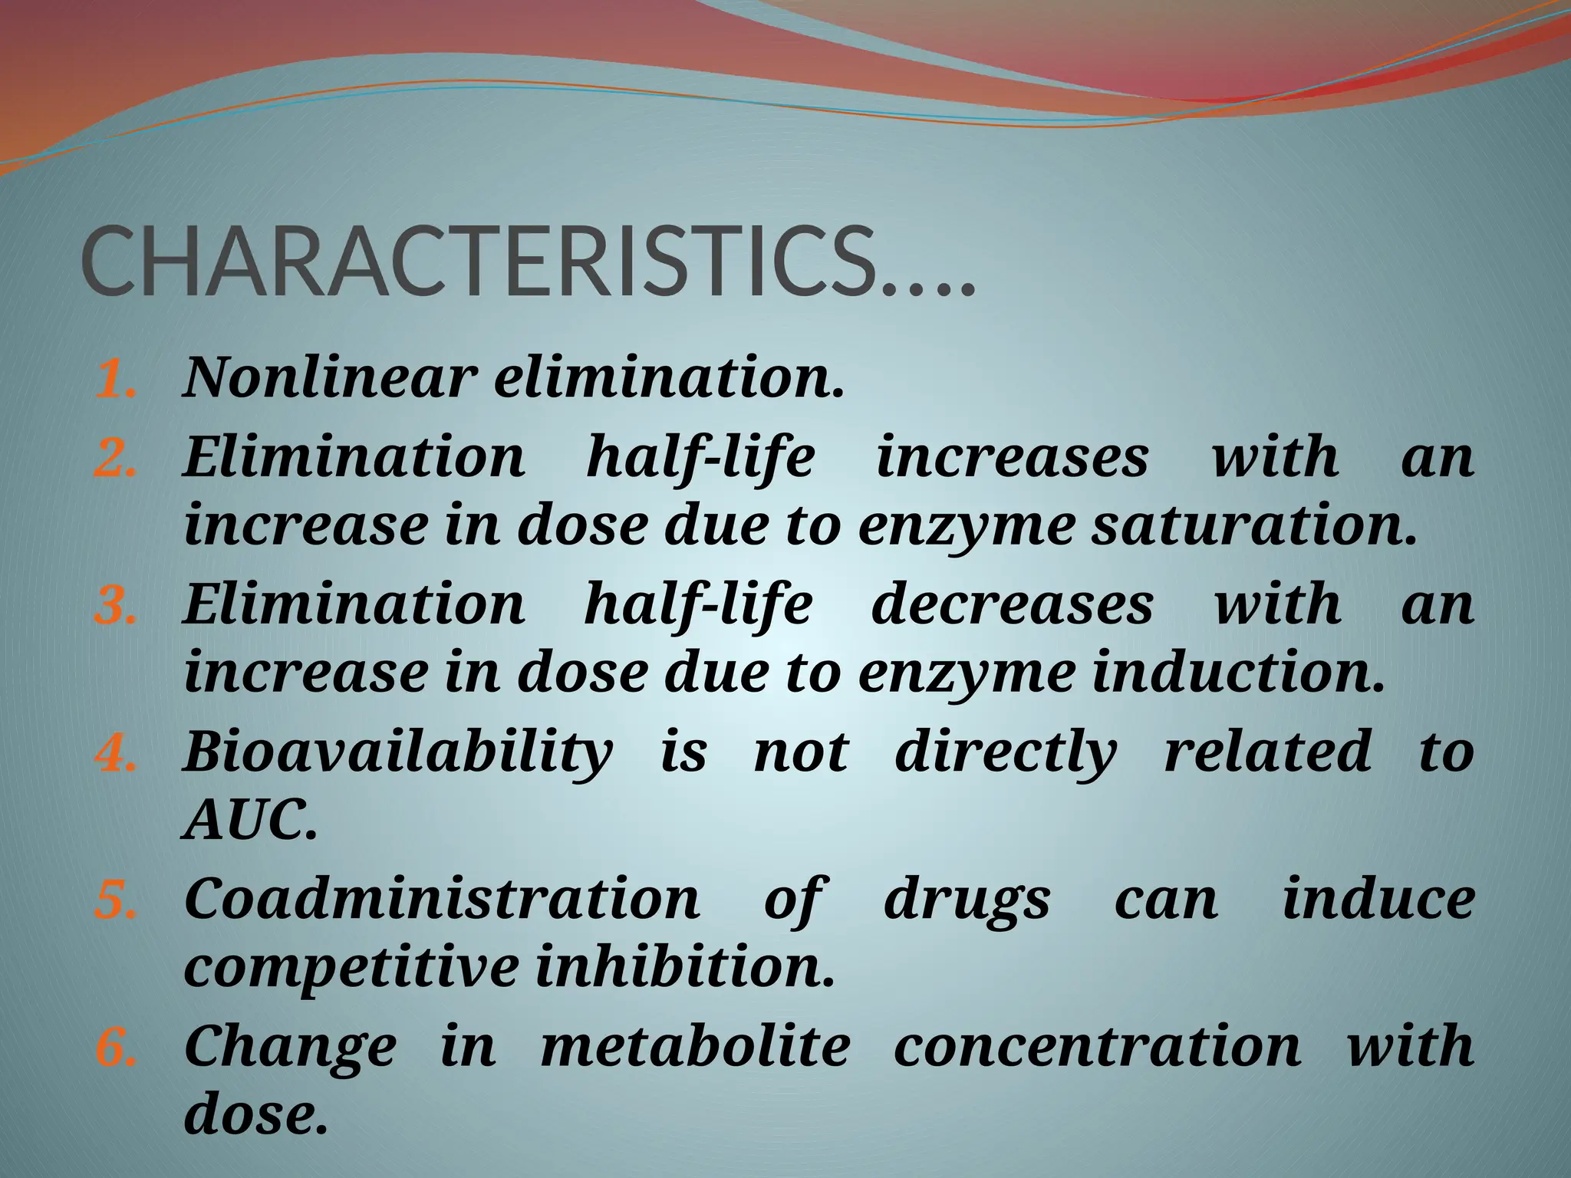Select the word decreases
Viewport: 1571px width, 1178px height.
tap(1012, 604)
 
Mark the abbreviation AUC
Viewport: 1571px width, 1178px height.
tap(249, 821)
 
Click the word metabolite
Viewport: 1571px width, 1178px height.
tap(695, 1046)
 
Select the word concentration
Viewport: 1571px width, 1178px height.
tap(1097, 1046)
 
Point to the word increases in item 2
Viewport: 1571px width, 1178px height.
tap(1012, 457)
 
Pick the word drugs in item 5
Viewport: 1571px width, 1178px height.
tap(967, 900)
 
